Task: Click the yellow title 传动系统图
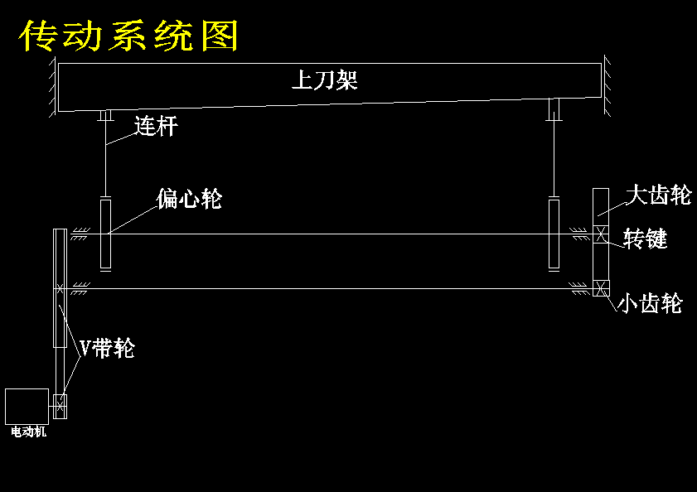[129, 36]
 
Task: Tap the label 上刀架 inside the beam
[324, 81]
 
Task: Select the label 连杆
[156, 127]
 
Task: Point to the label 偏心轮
[189, 199]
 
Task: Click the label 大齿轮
[658, 195]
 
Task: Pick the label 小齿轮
[650, 304]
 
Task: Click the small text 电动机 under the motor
[28, 432]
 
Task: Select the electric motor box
[27, 405]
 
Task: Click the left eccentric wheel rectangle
[105, 234]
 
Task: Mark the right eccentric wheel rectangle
[555, 234]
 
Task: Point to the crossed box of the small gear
[602, 288]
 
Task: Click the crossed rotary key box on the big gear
[602, 234]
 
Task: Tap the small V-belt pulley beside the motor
[60, 406]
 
